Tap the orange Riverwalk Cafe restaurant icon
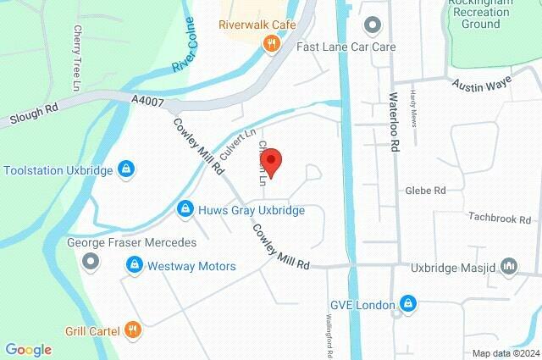[271, 44]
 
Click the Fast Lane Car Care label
[346, 47]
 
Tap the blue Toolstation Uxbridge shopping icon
[126, 170]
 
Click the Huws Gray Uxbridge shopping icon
[185, 208]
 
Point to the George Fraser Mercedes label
[131, 242]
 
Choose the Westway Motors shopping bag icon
[134, 266]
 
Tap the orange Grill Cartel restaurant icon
[132, 330]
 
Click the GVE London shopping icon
[407, 303]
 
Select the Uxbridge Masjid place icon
[509, 267]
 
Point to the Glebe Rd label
[425, 191]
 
